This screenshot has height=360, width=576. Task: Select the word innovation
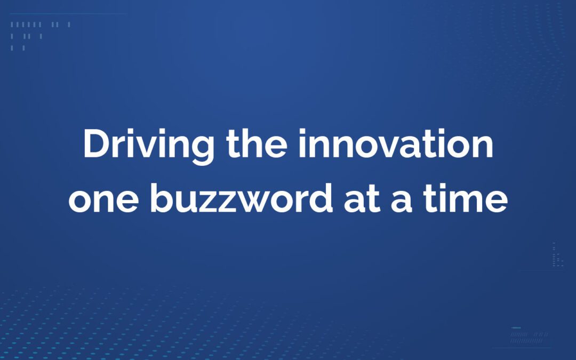pos(395,145)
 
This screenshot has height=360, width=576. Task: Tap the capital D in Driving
pos(97,145)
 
